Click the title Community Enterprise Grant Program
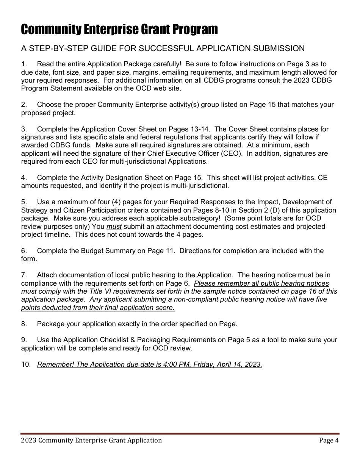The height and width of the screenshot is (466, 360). click(119, 29)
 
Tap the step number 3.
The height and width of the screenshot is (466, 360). click(23, 129)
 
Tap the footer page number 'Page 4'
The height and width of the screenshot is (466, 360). click(329, 440)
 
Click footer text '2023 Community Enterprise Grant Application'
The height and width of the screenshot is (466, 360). click(91, 440)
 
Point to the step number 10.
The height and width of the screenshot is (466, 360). click(25, 364)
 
